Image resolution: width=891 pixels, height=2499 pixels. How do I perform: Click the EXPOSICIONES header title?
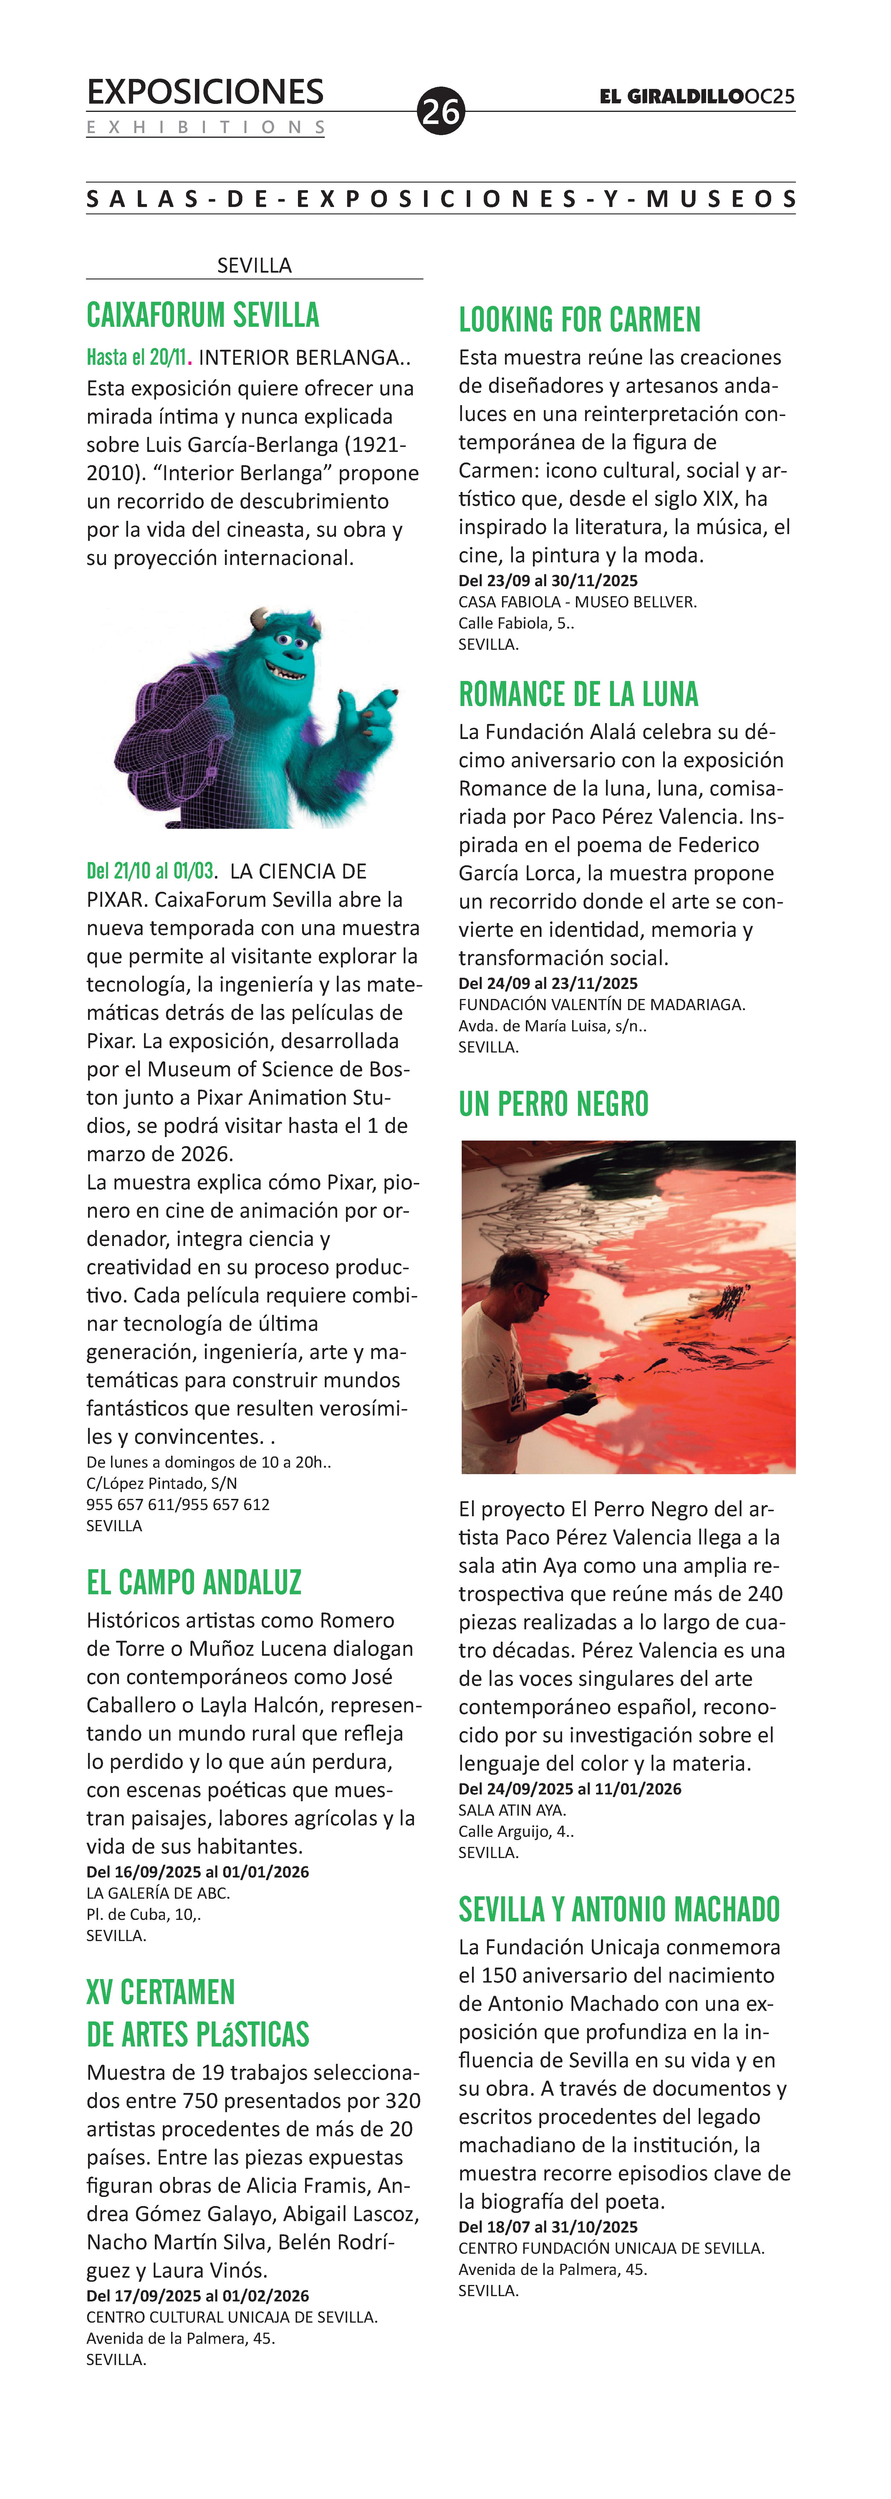205,92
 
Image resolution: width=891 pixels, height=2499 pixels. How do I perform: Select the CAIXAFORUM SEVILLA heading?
203,315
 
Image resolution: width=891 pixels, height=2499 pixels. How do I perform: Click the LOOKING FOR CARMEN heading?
579,320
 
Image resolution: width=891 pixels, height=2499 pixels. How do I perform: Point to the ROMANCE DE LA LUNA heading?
579,695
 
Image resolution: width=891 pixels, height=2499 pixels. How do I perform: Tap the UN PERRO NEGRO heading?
553,1104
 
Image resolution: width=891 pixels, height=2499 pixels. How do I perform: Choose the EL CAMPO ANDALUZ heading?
194,1582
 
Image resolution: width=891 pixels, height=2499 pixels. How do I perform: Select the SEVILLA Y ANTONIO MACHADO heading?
619,1909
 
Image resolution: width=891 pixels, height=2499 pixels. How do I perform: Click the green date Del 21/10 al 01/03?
150,871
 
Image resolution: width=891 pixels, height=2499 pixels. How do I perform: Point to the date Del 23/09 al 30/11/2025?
548,581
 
